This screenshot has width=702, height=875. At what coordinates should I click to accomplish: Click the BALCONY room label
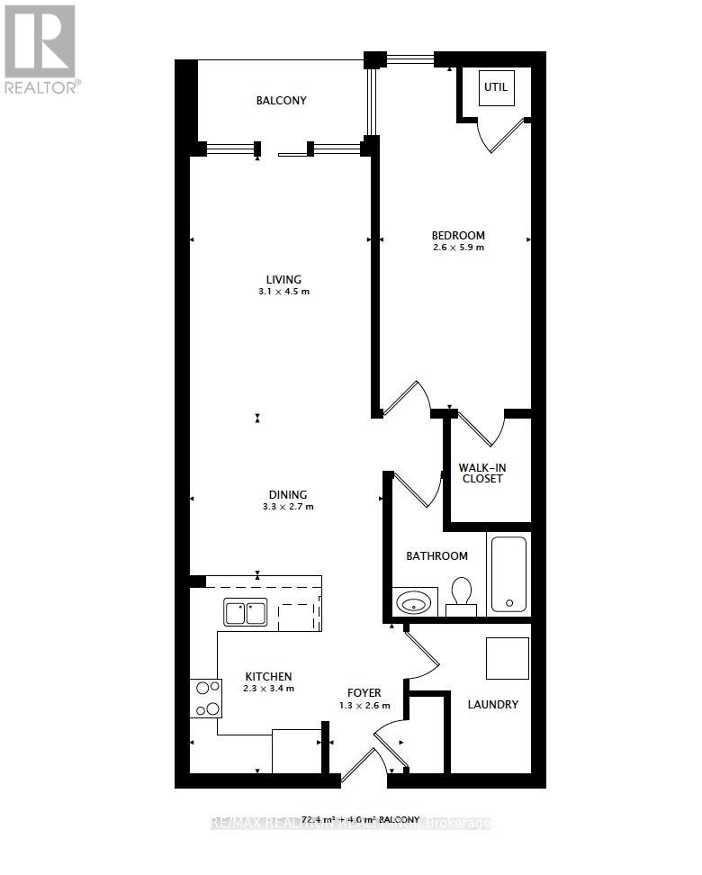click(281, 101)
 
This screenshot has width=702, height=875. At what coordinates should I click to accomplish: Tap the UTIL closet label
click(495, 87)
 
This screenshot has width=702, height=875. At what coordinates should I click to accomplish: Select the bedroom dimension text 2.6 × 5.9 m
click(459, 248)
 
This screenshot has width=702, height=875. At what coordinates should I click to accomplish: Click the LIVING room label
click(283, 279)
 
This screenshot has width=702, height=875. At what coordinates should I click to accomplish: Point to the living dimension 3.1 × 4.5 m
click(283, 292)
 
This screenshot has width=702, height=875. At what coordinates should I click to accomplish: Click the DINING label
click(287, 494)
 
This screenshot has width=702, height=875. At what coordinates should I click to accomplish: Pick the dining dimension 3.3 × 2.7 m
click(287, 507)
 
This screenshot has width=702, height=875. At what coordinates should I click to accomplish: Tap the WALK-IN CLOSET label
click(481, 473)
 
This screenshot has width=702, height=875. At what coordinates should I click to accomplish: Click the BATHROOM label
click(436, 556)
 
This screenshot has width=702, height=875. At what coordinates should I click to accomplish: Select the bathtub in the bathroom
click(508, 573)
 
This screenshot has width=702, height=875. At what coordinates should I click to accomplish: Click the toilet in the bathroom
click(461, 596)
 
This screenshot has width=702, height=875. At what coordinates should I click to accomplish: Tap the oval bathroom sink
click(415, 601)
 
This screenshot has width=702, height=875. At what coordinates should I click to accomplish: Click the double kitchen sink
click(244, 613)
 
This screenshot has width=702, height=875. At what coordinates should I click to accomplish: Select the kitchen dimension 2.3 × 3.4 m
click(268, 689)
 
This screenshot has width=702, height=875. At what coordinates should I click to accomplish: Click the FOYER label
click(365, 692)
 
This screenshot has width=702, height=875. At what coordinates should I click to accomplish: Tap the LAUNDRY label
click(492, 704)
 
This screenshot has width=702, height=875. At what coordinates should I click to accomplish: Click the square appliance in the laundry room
click(508, 658)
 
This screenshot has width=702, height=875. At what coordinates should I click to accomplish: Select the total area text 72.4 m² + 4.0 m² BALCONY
click(360, 819)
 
